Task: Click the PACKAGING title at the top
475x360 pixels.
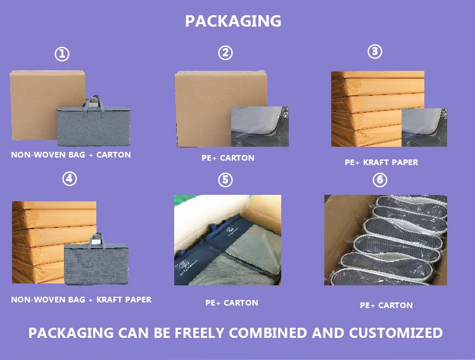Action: (233, 21)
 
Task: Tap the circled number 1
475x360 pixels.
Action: (62, 54)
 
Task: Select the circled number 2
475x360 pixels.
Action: (225, 53)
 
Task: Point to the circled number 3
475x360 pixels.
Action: (376, 52)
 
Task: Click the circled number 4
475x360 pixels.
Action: (70, 179)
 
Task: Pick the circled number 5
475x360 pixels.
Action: (225, 180)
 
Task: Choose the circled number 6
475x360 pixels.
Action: (380, 180)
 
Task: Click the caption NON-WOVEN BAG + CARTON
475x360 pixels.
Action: (71, 155)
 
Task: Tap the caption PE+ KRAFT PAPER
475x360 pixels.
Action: (381, 163)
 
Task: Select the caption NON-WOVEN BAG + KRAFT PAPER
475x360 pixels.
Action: (81, 299)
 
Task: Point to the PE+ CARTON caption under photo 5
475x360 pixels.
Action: (232, 303)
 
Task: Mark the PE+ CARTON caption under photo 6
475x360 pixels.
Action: (386, 306)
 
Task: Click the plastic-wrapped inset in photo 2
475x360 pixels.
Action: (259, 126)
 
